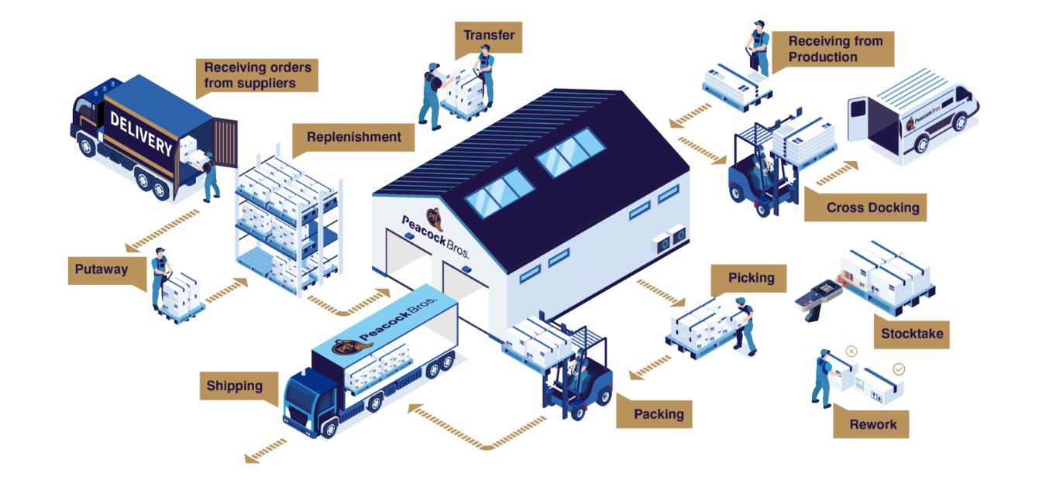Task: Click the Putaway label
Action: pos(101,270)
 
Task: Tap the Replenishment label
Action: pos(353,138)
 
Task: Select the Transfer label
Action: pos(488,36)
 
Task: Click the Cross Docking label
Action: pos(872,207)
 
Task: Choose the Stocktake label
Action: pos(911,334)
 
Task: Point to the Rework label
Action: pos(872,424)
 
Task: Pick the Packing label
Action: pos(659,414)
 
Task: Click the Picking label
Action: pos(751,278)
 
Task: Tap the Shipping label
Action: pos(235,386)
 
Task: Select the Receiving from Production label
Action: pos(835,49)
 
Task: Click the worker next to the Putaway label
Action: pos(160,275)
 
